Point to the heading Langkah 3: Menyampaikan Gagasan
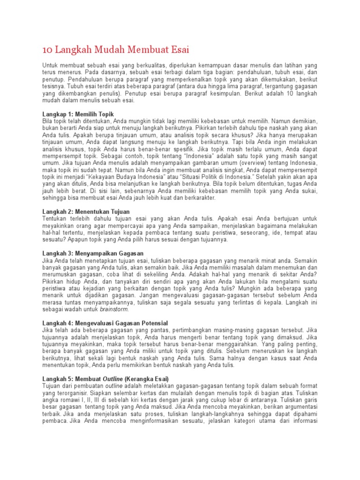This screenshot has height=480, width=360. click(x=93, y=253)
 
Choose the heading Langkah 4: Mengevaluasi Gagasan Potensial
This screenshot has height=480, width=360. click(x=105, y=323)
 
